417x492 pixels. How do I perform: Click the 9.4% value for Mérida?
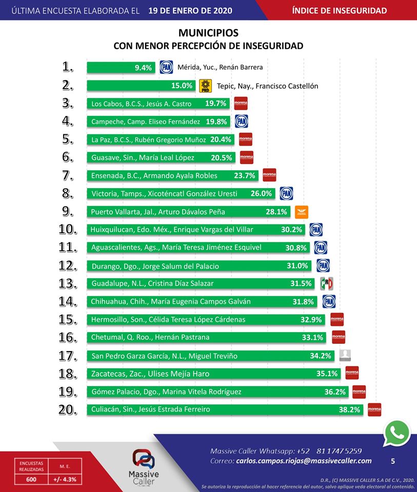144,67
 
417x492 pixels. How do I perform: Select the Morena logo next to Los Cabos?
241,104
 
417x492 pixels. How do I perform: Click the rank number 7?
68,176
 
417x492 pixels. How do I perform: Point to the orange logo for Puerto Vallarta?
302,212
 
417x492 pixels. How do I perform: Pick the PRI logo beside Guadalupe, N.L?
327,283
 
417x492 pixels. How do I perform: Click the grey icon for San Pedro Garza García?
346,355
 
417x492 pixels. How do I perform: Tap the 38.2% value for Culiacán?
351,409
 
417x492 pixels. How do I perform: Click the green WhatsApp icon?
397,434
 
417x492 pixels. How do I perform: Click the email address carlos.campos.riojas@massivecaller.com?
304,461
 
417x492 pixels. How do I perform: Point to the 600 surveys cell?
32,480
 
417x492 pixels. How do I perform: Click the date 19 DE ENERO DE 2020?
190,11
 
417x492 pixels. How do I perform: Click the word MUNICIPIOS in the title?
208,33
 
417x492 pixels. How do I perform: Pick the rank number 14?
68,301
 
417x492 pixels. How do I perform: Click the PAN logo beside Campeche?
242,121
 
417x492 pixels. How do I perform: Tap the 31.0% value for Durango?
297,265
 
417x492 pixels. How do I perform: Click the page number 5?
393,461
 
